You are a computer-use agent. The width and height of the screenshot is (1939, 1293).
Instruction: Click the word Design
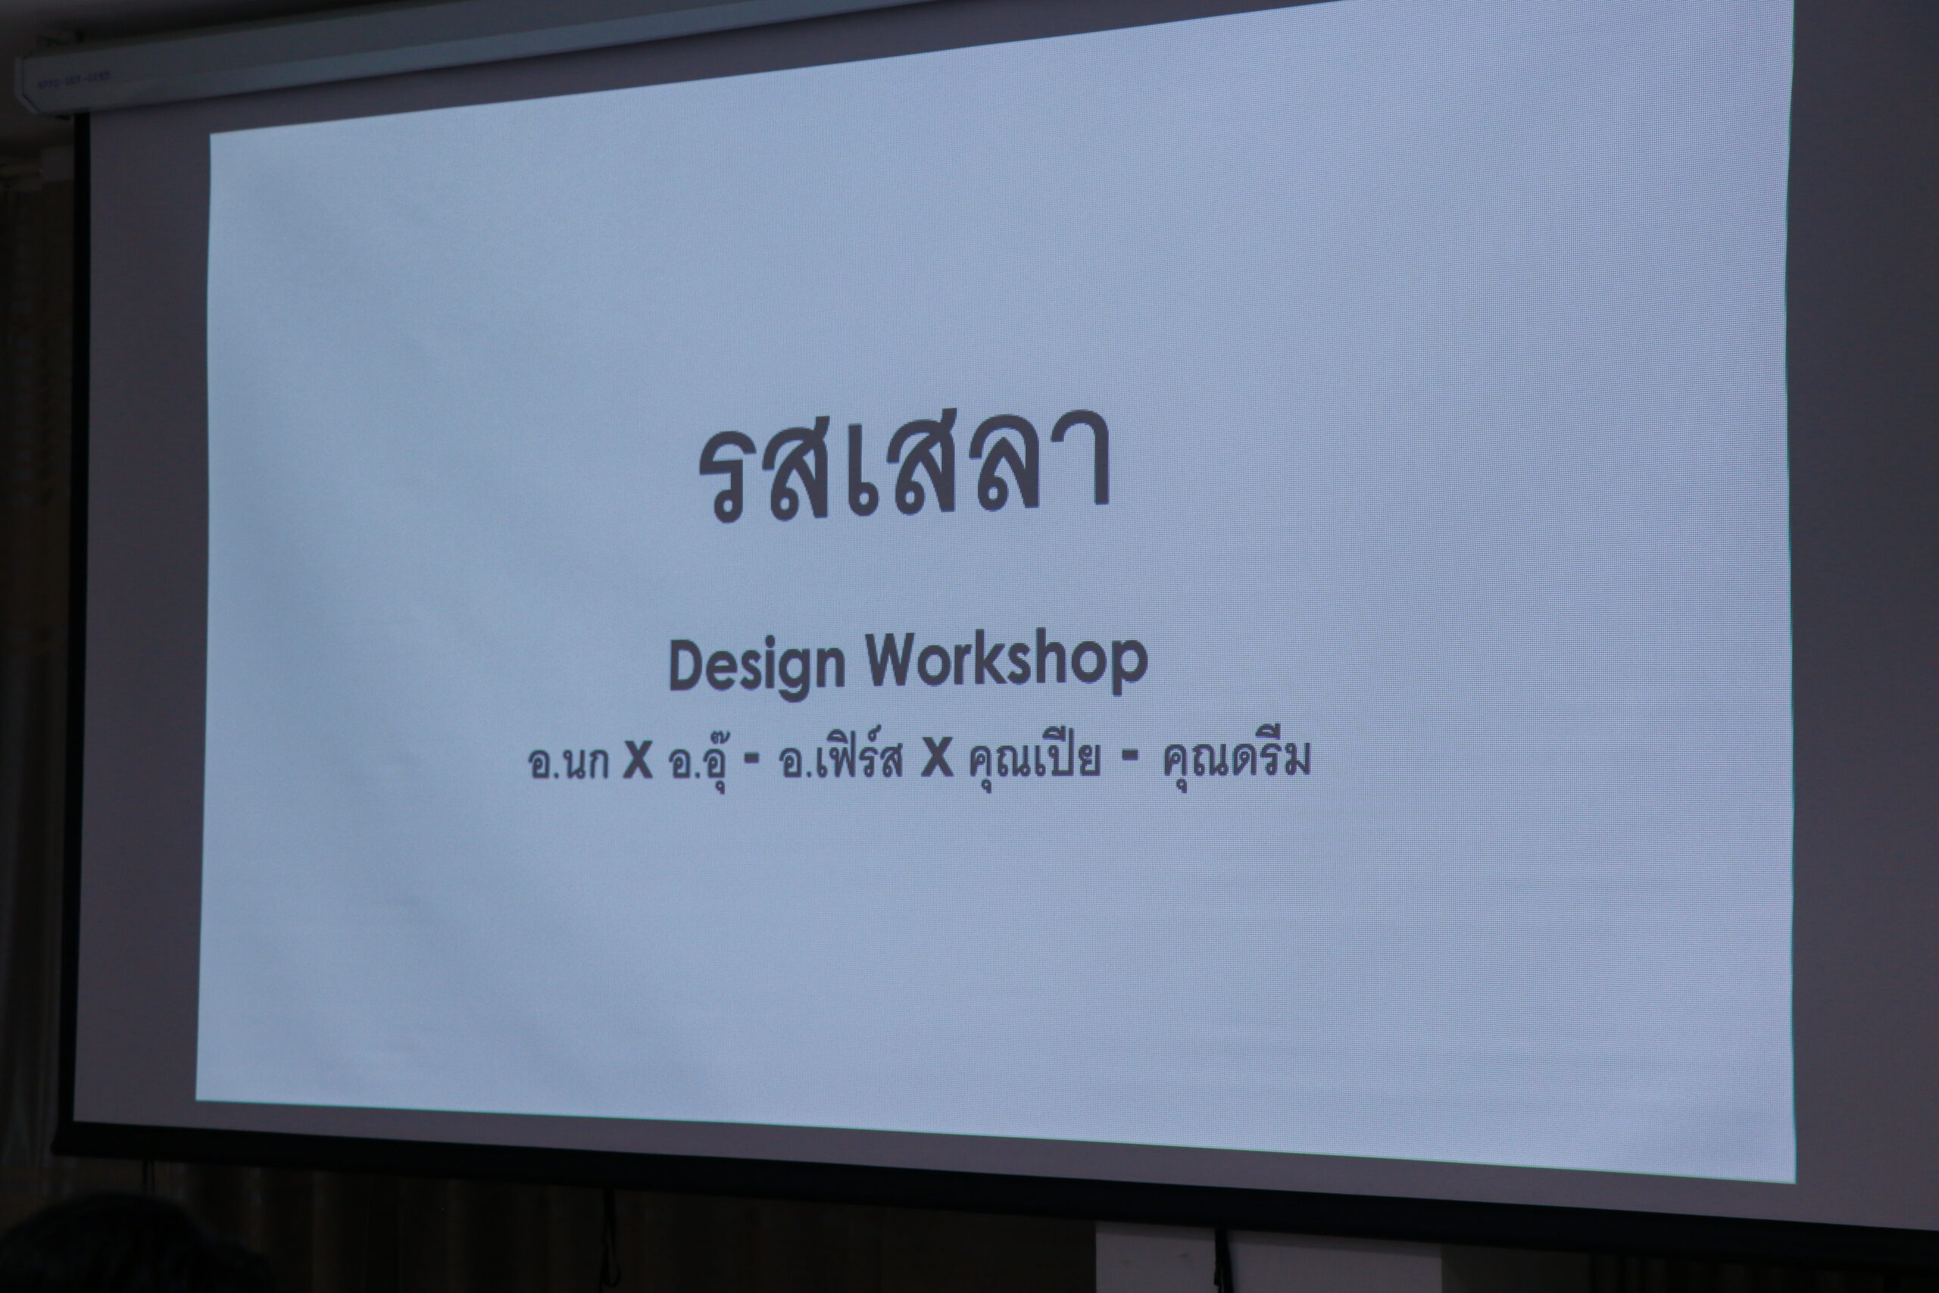[x=757, y=667]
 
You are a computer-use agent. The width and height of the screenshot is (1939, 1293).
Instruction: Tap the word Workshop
[x=1007, y=661]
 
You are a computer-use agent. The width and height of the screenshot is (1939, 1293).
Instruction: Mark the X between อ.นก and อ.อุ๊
[x=637, y=762]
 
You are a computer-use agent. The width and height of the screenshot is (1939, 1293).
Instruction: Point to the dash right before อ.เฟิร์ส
[x=752, y=763]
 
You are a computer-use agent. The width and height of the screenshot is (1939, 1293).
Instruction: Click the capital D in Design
[x=689, y=664]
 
